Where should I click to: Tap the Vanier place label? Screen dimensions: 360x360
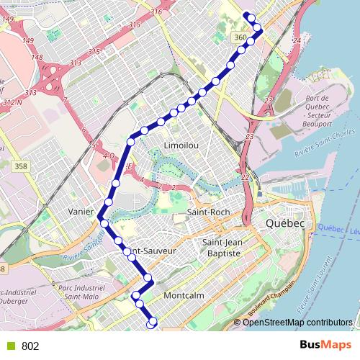[x=81, y=212]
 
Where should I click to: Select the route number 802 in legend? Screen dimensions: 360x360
[x=30, y=346]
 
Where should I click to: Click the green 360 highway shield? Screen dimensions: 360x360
[x=240, y=37]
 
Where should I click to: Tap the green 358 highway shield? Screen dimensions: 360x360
[x=21, y=166]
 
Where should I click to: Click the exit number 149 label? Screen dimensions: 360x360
[x=29, y=40]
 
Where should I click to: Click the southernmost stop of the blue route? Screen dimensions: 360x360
[x=152, y=325]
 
